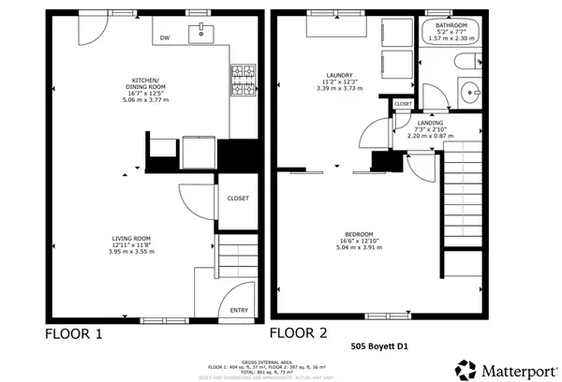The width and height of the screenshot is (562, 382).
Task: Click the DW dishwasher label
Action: tap(165, 38)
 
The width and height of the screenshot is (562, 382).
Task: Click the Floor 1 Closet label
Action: tap(238, 198)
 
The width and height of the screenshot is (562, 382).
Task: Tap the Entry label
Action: tap(238, 310)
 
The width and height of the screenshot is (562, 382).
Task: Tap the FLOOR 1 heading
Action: tap(74, 333)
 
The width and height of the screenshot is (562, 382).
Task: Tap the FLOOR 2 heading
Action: tap(299, 332)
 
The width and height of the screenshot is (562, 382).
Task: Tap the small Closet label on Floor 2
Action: tap(403, 104)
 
